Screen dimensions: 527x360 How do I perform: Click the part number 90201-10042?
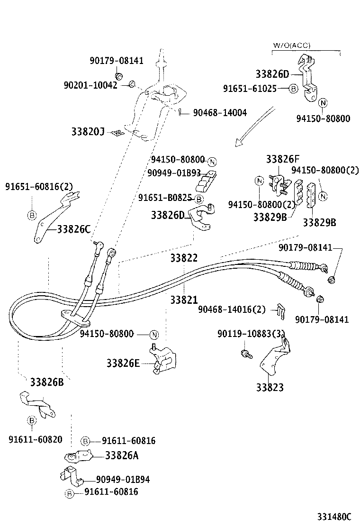(90, 85)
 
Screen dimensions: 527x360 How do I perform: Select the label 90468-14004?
(220, 113)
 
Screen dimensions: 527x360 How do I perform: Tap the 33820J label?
(88, 131)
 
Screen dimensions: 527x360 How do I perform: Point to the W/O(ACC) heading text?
(291, 45)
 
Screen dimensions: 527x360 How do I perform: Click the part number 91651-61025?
(250, 88)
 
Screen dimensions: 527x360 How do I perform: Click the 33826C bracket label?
(73, 229)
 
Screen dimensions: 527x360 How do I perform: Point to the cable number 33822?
(184, 258)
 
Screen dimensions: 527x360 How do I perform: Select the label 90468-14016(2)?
(232, 309)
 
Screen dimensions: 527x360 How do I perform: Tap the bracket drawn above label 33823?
(275, 358)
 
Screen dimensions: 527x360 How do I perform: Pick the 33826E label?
(123, 363)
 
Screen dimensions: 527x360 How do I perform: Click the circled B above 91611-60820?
(31, 420)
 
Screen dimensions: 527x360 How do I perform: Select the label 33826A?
(121, 455)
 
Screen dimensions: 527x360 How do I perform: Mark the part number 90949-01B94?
(123, 480)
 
